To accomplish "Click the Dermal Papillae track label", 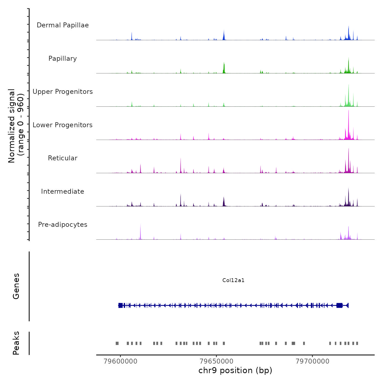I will point(63,25).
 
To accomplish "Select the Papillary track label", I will point(63,59).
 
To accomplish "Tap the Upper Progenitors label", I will point(63,92).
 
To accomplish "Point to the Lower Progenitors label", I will point(63,125).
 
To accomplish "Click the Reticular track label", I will point(63,158).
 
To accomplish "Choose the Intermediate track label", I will point(63,191).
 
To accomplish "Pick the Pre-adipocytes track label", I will point(63,225).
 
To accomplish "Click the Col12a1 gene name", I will point(233,280).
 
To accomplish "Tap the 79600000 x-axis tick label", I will point(120,361).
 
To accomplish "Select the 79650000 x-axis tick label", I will point(216,361).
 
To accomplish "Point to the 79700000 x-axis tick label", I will point(312,361).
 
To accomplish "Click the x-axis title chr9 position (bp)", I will point(235,370).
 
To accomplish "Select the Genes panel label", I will point(16,286).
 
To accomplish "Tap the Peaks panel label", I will point(16,343).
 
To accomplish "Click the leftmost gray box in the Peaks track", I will point(117,343).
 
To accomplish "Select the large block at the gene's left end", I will point(120,305).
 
